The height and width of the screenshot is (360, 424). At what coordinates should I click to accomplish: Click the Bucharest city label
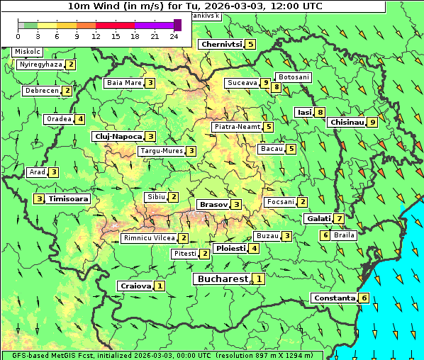(222, 279)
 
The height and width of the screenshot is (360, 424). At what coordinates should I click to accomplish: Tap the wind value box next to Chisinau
(373, 122)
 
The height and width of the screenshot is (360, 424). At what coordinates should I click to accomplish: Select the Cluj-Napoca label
(117, 136)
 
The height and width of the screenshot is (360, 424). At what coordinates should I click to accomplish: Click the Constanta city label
(333, 298)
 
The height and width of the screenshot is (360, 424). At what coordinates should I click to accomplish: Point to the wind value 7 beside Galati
(340, 219)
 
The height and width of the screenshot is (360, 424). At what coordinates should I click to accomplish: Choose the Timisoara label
(68, 199)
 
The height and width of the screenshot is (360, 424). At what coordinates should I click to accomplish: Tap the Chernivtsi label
(222, 44)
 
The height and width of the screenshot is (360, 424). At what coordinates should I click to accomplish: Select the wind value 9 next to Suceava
(265, 83)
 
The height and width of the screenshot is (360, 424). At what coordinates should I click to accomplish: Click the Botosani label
(294, 77)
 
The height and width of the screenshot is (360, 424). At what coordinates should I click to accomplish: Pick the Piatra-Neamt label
(237, 127)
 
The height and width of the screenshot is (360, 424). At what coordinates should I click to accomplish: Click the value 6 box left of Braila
(325, 235)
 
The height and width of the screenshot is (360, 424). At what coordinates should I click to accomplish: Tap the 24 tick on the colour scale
(174, 35)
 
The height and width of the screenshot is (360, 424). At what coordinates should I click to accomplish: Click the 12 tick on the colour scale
(96, 35)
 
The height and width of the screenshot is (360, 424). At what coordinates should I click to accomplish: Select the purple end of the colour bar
(177, 25)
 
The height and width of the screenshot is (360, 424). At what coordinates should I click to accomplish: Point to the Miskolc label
(28, 52)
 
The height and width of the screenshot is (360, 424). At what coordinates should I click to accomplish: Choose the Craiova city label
(135, 286)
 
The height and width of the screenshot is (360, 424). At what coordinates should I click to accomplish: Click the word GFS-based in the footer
(31, 355)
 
